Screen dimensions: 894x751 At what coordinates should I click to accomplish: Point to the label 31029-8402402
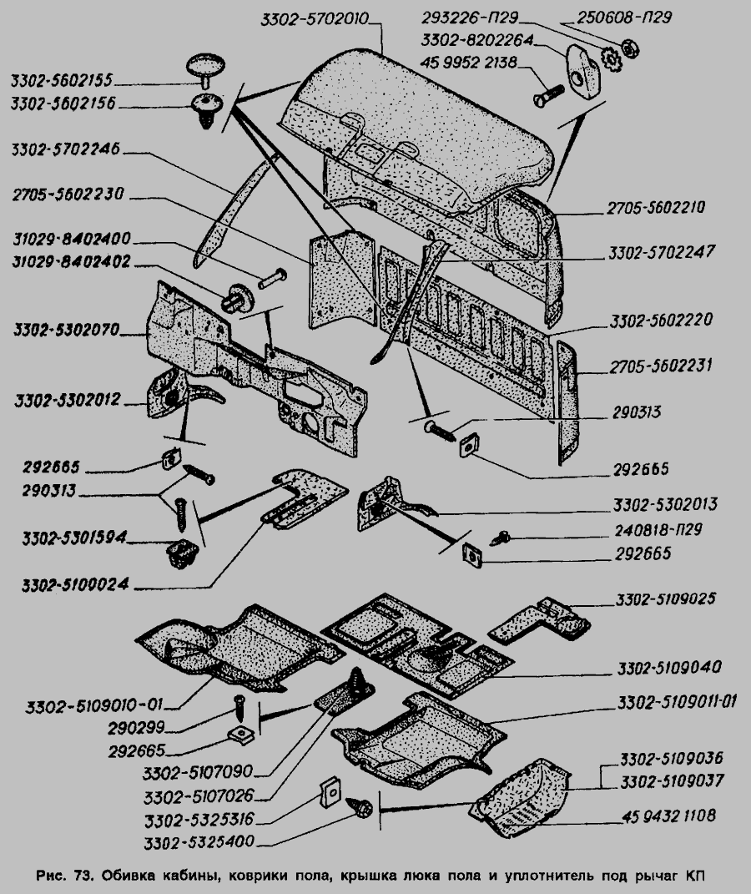click(70, 260)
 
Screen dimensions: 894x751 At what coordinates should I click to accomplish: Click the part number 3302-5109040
click(670, 668)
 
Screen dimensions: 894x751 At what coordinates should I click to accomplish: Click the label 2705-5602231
click(658, 366)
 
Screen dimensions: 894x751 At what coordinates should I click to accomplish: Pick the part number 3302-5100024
click(71, 585)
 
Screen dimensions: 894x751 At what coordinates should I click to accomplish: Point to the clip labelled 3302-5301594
click(180, 553)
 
